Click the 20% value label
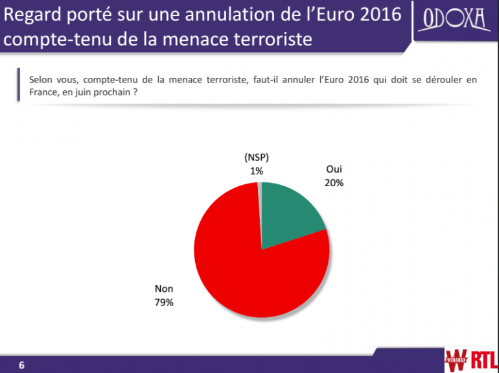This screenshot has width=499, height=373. tap(334, 183)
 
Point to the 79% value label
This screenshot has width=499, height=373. tap(164, 302)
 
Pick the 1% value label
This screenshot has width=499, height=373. tap(257, 171)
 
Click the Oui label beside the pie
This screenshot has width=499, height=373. tap(334, 170)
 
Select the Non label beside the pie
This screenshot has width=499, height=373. tap(164, 289)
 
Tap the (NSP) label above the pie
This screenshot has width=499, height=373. tap(257, 158)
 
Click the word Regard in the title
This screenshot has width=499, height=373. tap(33, 14)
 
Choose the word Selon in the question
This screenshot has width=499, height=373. tap(41, 80)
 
